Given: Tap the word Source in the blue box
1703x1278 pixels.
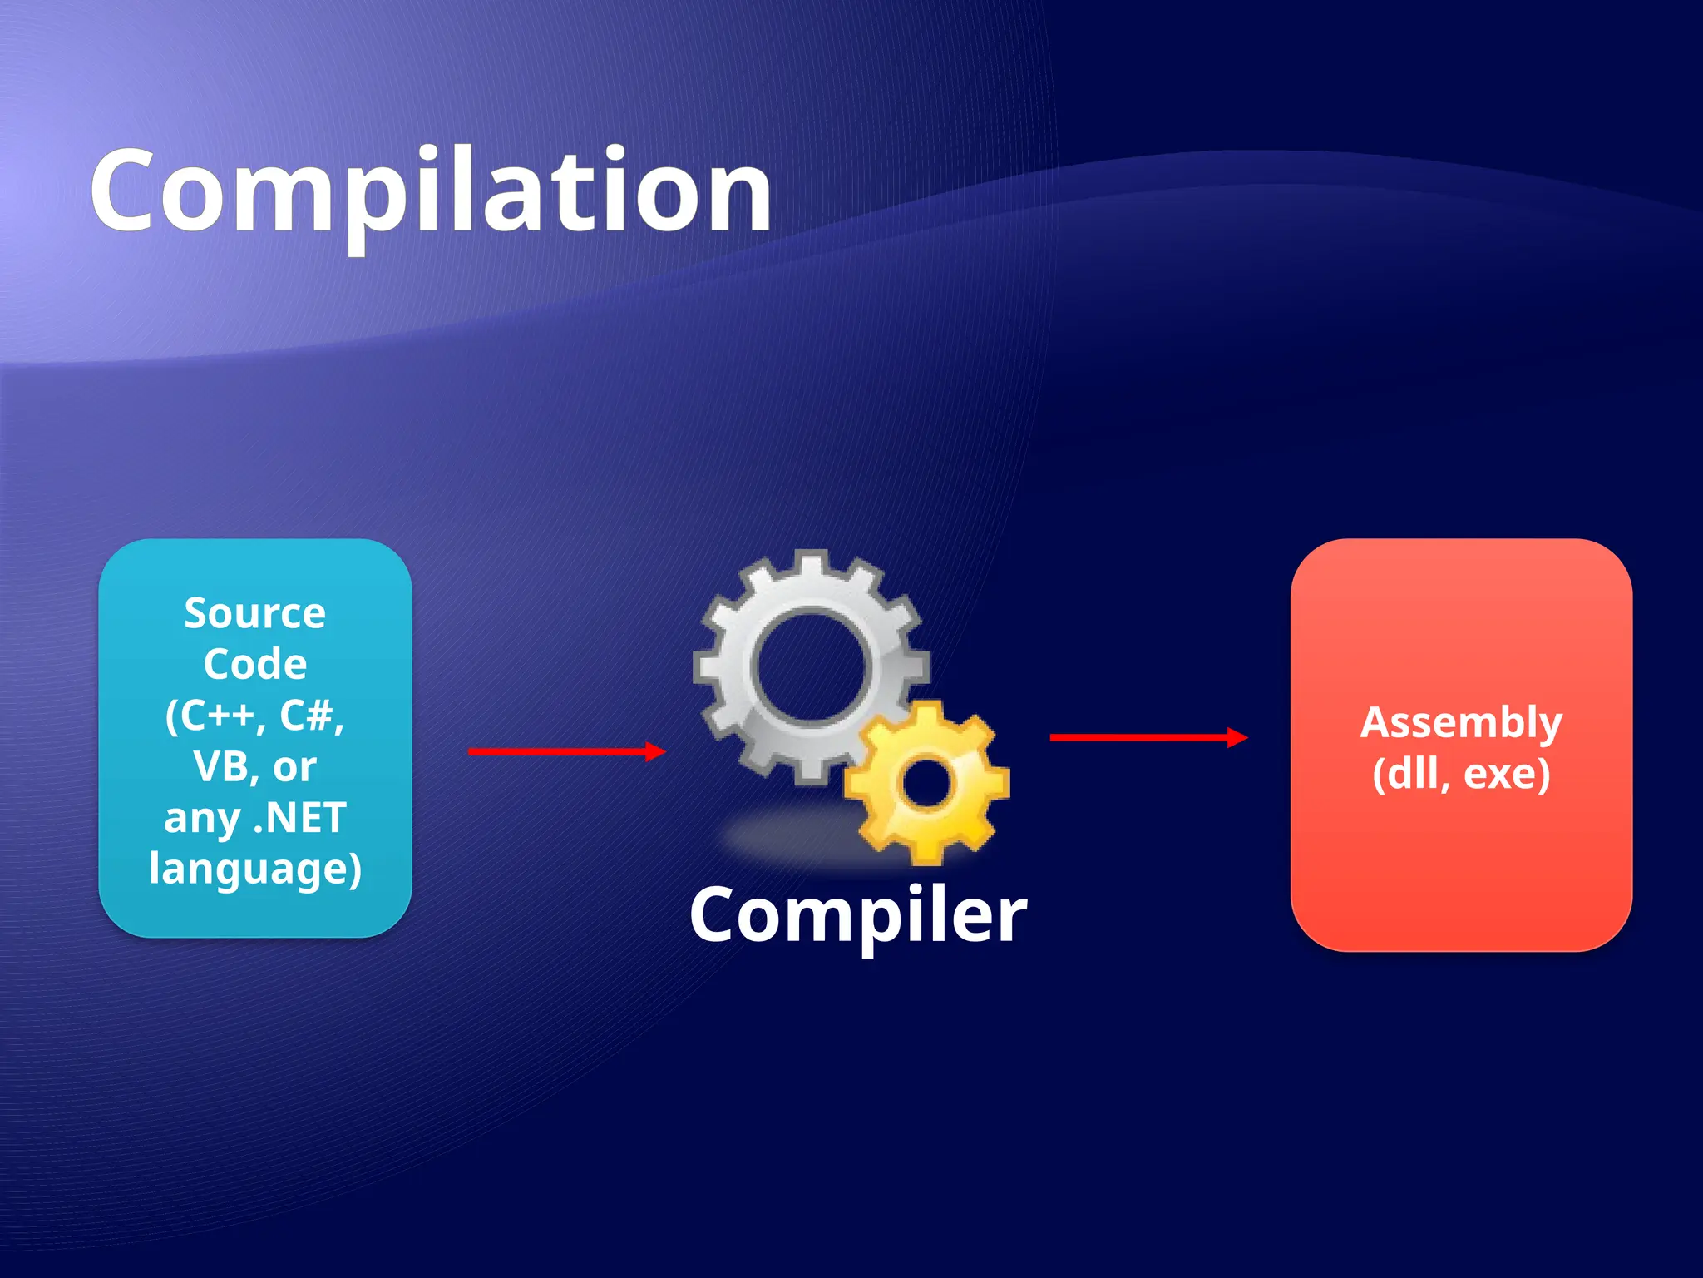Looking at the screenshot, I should [x=254, y=613].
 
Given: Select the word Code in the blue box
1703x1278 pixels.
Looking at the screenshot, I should [x=254, y=664].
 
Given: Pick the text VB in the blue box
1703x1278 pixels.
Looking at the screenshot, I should [x=220, y=766].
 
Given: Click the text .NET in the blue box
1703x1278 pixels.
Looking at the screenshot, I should [x=299, y=818].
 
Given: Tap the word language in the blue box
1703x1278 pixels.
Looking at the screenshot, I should [x=248, y=869].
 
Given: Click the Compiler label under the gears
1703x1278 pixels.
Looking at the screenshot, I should [x=858, y=915].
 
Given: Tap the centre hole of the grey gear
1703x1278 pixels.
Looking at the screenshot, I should [x=810, y=666].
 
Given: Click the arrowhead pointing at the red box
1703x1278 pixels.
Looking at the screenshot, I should [x=1238, y=737].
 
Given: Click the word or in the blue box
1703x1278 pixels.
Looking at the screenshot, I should [x=294, y=768].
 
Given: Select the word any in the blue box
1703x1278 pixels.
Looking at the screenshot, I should [x=202, y=820].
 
